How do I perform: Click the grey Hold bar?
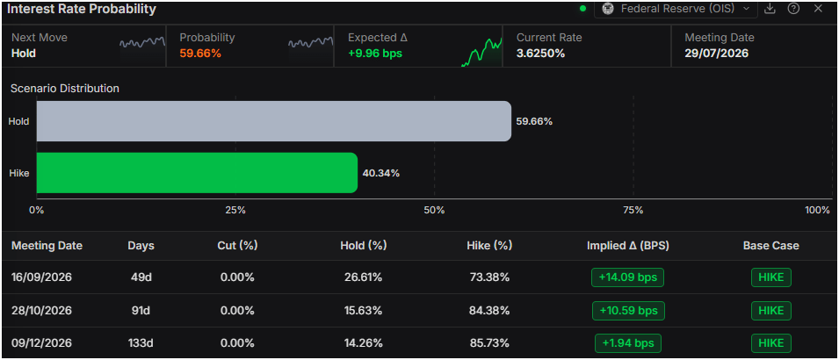coord(273,121)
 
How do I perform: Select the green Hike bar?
coord(197,173)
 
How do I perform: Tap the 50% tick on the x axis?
coord(434,210)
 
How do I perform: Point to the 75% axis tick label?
coord(633,210)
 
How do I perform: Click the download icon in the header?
coord(770,9)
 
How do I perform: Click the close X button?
coord(818,9)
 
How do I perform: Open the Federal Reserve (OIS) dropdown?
coord(676,9)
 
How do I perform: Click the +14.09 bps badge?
coord(627,277)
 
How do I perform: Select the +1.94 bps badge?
coord(627,343)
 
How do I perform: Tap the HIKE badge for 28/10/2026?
coord(771,310)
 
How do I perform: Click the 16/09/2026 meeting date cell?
coord(42,277)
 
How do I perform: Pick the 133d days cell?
coord(141,343)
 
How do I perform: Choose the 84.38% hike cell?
coord(489,310)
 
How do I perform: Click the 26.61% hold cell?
coord(363,277)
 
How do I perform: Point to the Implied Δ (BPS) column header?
coord(628,246)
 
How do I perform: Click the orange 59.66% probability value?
coord(200,54)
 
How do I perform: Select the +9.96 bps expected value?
coord(375,54)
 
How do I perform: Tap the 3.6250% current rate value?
coord(540,54)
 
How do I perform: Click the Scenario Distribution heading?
coord(65,89)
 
